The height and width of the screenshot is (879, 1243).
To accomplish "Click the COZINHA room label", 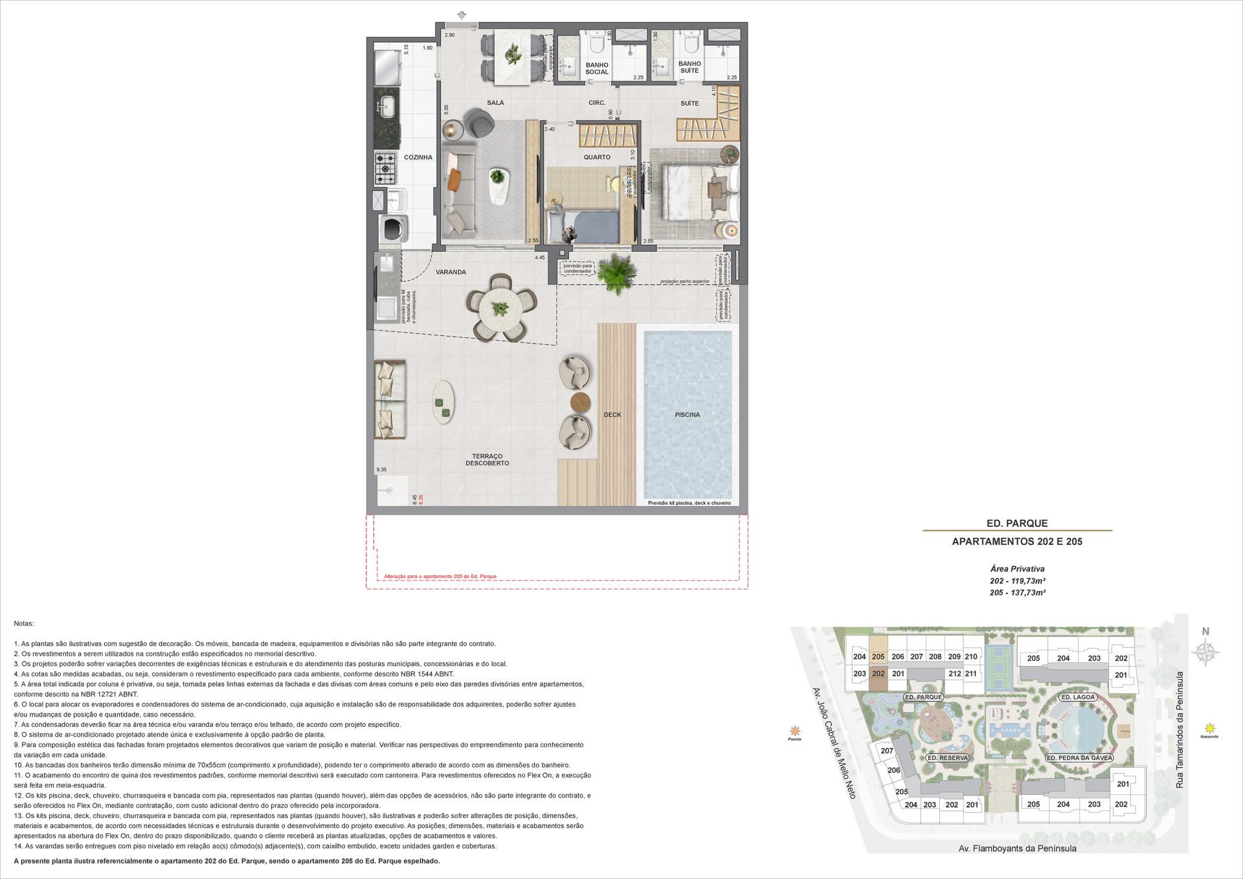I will [418, 157].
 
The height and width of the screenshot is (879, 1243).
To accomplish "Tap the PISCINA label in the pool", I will [687, 415].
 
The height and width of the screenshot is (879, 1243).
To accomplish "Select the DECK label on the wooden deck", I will [612, 415].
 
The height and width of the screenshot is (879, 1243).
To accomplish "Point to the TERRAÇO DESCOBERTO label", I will [487, 460].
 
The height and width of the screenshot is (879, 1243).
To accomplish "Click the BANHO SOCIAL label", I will [596, 69].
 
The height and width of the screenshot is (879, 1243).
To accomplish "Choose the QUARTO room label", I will [596, 157].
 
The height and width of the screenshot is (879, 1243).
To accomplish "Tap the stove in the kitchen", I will [386, 168].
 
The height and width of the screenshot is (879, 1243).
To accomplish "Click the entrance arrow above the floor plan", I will [462, 16].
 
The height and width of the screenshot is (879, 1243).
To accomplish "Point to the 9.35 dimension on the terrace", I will [381, 470].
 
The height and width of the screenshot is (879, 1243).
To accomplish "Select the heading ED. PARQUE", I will [1016, 523].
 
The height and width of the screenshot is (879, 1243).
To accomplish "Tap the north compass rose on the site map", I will [1205, 652].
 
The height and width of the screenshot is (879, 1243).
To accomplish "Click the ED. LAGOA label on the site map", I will [1078, 697].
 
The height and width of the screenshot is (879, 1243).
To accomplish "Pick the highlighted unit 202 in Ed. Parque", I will [878, 674].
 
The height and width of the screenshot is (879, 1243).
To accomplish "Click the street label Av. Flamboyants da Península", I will [1017, 848].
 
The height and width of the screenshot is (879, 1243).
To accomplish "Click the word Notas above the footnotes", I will [23, 623].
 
